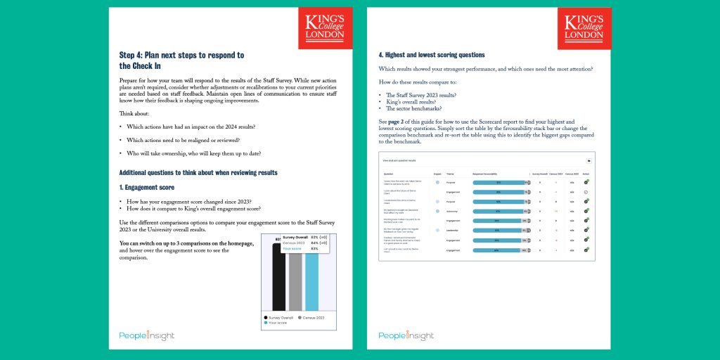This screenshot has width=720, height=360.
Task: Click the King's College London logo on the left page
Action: point(325,29)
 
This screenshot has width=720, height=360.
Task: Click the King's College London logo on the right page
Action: point(584,29)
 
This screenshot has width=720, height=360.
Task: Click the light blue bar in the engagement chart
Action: point(311,281)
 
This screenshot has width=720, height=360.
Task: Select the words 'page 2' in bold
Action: point(404,122)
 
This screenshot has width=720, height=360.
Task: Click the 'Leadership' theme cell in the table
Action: point(453,230)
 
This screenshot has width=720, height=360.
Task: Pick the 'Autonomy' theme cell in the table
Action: point(453,210)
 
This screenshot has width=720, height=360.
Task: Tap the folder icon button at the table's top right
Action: point(588,160)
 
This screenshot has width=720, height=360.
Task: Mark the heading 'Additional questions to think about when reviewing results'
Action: point(198,172)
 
